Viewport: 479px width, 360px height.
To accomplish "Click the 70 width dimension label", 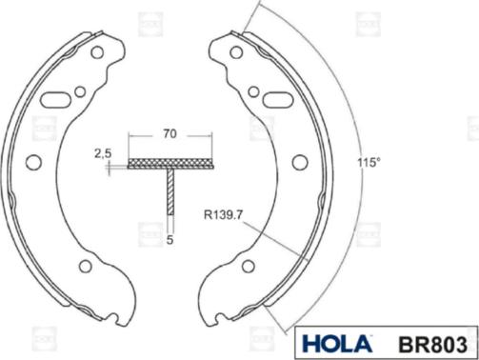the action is click(170, 133).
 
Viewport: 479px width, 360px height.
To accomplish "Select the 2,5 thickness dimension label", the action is click(103, 153).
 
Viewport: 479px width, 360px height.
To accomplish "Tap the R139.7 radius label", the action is click(223, 215).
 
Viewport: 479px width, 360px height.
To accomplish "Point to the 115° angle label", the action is click(369, 163).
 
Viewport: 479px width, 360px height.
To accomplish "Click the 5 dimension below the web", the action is click(170, 240).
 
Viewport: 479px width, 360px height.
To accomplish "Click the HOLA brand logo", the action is click(336, 343).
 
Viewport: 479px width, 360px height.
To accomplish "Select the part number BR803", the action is click(432, 345).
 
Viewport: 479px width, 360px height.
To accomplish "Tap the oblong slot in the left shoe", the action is click(54, 100).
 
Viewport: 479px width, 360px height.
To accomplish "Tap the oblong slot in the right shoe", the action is click(277, 100).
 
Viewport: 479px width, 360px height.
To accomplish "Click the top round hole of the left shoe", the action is click(97, 52).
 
